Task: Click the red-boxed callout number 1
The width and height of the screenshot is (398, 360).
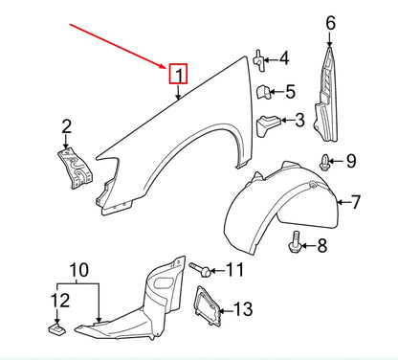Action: tap(179, 73)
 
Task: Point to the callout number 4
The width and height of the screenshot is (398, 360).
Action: tap(284, 59)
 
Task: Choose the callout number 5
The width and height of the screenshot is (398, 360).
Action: tap(290, 92)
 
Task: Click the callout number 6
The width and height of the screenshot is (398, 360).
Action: tap(331, 23)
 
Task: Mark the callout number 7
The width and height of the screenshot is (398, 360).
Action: tap(356, 201)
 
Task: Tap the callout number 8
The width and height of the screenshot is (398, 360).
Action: tap(321, 246)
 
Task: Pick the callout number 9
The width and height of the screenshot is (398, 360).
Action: tap(350, 160)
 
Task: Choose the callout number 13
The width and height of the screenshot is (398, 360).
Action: tap(244, 308)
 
